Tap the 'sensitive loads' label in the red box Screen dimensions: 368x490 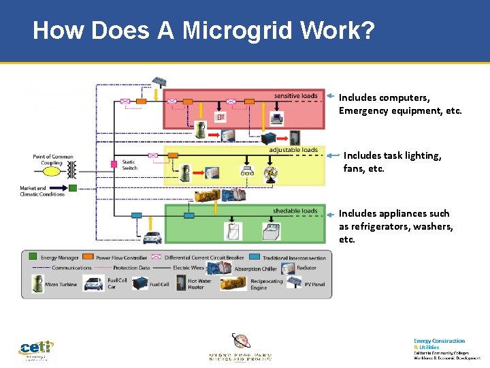(x=295, y=95)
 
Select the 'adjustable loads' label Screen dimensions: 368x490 (x=293, y=150)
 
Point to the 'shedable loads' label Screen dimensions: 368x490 (x=295, y=211)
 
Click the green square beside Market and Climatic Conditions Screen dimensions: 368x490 (x=72, y=188)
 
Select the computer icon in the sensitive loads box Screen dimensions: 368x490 (x=276, y=118)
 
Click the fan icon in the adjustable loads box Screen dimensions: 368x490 (x=270, y=173)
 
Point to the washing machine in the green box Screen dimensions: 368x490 (x=274, y=232)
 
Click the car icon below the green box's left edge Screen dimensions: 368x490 (x=152, y=237)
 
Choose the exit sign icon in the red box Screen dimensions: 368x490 (x=220, y=117)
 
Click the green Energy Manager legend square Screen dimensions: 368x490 (x=32, y=258)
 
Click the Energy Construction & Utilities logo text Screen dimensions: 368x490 (x=439, y=343)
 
